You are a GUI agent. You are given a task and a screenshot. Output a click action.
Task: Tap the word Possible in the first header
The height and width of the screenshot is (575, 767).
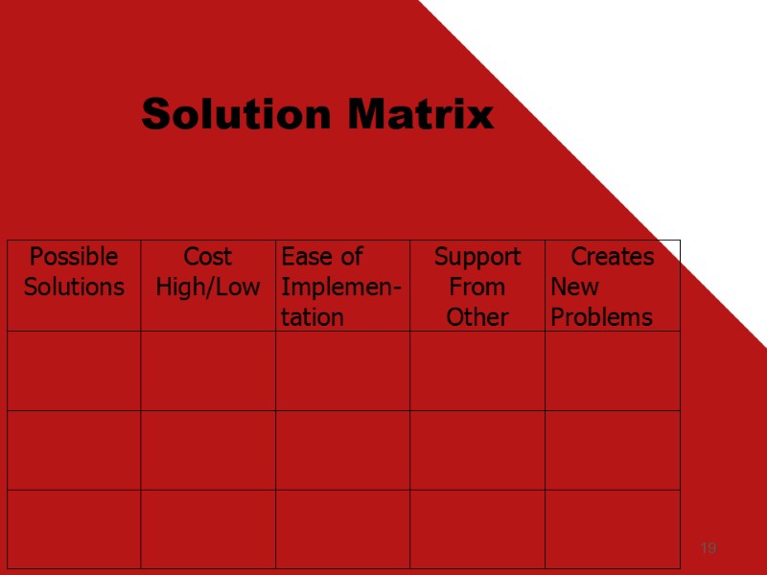[x=74, y=257]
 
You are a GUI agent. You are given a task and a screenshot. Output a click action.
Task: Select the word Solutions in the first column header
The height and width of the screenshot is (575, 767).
[x=74, y=287]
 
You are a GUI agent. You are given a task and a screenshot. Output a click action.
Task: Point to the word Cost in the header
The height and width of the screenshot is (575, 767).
[x=208, y=257]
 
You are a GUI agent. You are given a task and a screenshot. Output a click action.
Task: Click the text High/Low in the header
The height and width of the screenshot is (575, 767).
[x=208, y=287]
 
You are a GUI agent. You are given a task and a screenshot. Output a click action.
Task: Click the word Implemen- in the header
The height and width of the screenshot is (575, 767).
[x=342, y=287]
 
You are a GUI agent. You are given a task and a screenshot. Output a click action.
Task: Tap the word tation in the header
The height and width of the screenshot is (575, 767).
[x=313, y=316]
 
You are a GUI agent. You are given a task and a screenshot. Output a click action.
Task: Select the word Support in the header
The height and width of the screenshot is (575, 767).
[x=477, y=257]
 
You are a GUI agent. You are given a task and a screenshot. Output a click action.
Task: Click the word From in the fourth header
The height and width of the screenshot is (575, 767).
[x=477, y=287]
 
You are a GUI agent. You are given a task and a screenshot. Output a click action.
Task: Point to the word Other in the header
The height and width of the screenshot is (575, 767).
[x=477, y=316]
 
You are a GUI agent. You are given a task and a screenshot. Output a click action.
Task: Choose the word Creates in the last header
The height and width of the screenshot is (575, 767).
[x=613, y=257]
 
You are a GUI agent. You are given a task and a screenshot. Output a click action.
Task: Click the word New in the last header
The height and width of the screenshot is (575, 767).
[x=574, y=287]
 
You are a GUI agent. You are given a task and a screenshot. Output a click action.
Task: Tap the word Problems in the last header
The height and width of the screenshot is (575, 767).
[x=601, y=316]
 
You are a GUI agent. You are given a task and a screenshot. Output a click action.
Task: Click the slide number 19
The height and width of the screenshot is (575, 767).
[x=709, y=548]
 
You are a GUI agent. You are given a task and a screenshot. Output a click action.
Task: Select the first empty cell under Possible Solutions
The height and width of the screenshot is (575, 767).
[x=74, y=371]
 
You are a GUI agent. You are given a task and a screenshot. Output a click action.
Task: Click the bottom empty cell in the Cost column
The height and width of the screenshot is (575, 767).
[x=208, y=529]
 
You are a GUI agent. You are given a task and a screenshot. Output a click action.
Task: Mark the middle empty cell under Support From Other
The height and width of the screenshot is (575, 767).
[x=477, y=450]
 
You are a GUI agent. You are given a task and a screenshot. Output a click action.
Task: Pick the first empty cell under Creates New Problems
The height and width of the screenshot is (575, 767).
[x=613, y=371]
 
